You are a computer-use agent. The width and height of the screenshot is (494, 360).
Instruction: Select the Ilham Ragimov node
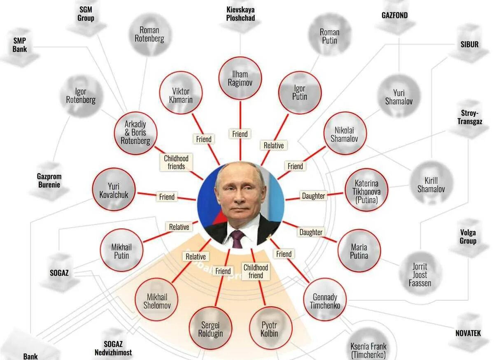pyautogui.click(x=240, y=79)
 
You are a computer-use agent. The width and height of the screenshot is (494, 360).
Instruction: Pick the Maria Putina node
pyautogui.click(x=359, y=251)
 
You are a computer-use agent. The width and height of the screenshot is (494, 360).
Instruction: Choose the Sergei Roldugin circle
pyautogui.click(x=210, y=328)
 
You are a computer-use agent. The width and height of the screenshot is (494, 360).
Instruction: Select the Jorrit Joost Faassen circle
pyautogui.click(x=420, y=274)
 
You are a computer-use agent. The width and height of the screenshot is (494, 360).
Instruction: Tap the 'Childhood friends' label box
pyautogui.click(x=176, y=163)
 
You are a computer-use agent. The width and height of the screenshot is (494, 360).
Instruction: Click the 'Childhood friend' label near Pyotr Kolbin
pyautogui.click(x=256, y=272)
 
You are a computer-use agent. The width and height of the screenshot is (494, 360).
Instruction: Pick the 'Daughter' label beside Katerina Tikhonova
pyautogui.click(x=314, y=196)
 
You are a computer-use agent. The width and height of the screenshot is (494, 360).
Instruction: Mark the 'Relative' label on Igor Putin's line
pyautogui.click(x=273, y=145)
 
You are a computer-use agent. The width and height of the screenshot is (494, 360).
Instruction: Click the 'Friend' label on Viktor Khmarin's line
pyautogui.click(x=203, y=139)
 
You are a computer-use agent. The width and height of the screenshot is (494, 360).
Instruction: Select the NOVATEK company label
pyautogui.click(x=468, y=333)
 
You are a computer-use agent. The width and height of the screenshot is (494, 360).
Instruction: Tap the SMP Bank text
pyautogui.click(x=20, y=45)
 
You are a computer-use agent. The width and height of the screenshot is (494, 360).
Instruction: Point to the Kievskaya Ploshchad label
pyautogui.click(x=240, y=14)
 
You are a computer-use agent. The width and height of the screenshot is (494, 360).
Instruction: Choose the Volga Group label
pyautogui.click(x=468, y=237)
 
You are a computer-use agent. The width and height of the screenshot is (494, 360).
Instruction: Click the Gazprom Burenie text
pyautogui.click(x=49, y=181)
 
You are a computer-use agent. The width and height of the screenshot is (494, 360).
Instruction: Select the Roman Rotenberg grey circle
pyautogui.click(x=149, y=34)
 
